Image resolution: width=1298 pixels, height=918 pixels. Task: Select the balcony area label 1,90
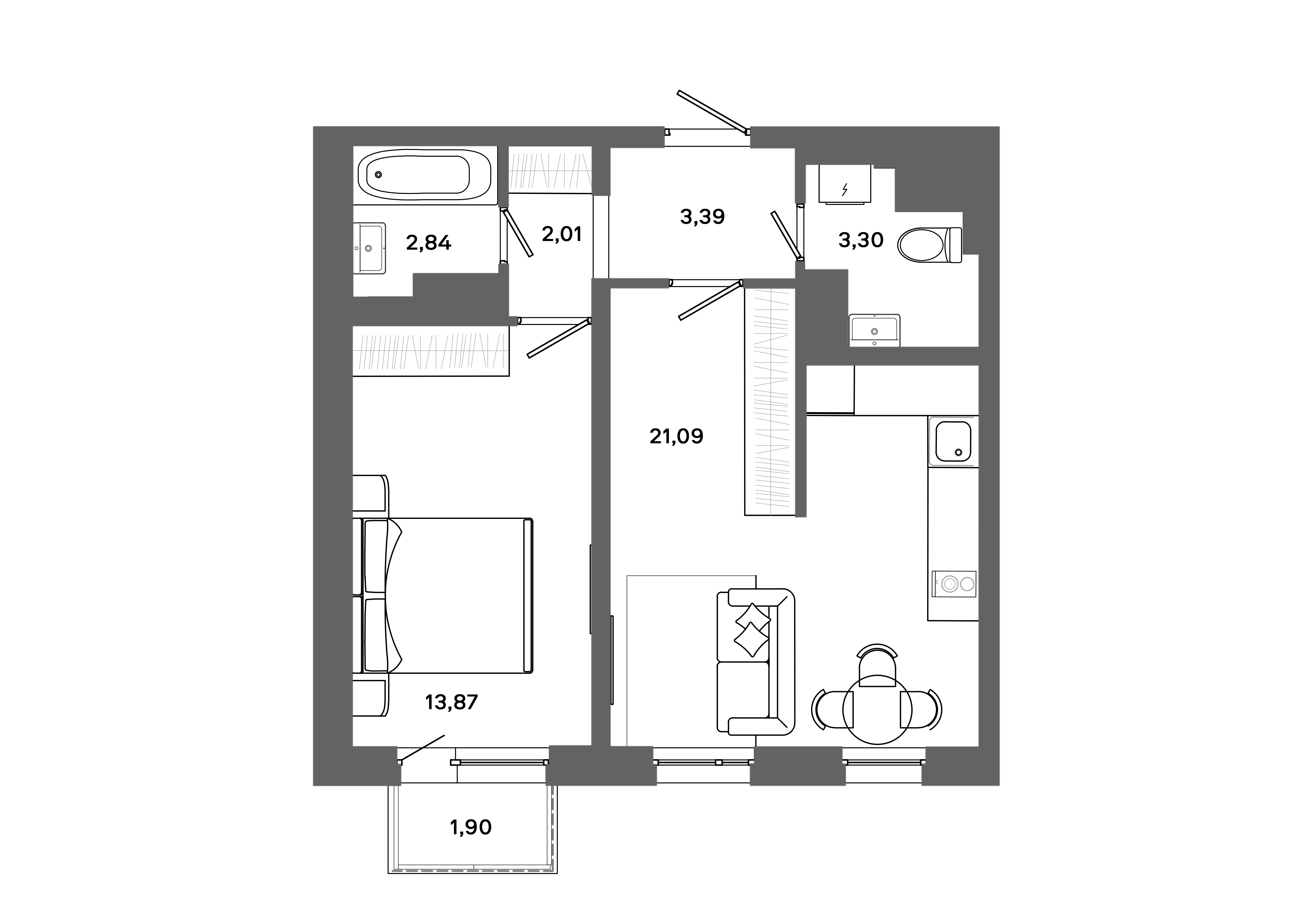coord(470,827)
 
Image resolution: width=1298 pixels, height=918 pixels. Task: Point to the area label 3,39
coord(702,216)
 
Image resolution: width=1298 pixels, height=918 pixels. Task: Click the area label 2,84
coord(429,243)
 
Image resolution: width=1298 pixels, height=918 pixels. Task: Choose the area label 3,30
coord(861,240)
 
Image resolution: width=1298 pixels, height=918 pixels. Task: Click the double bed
coord(447,595)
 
